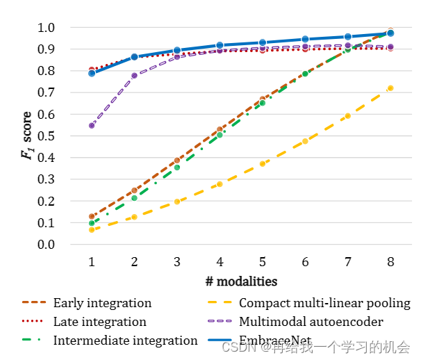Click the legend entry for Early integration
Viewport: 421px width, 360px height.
pos(102,303)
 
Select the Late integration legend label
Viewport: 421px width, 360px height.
pos(99,322)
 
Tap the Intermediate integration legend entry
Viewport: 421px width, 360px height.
pos(125,341)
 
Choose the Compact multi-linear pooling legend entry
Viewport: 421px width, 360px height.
pos(324,303)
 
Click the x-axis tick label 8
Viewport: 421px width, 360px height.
pos(390,262)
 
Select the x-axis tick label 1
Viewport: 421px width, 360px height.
pos(92,262)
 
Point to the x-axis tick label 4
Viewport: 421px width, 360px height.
pos(220,262)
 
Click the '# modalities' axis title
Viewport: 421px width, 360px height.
pos(241,281)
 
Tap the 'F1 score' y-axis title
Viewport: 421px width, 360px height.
pos(27,136)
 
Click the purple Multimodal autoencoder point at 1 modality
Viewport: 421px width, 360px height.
pos(92,126)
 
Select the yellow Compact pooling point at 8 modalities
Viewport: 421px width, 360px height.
pos(390,88)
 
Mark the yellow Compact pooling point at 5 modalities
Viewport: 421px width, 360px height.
pos(263,164)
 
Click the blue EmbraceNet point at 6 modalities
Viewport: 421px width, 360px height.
pos(305,40)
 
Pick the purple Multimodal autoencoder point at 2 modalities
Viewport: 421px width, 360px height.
pos(134,75)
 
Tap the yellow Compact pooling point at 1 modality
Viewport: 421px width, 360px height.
pos(92,230)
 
